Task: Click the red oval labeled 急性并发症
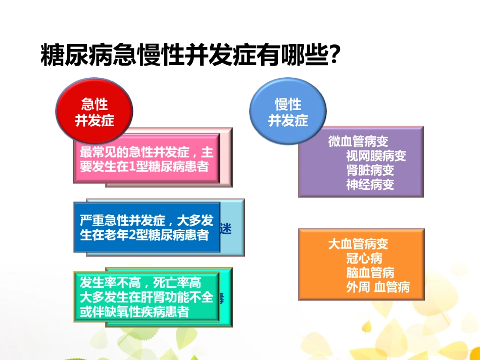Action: click(x=94, y=113)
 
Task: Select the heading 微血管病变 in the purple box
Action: click(x=358, y=142)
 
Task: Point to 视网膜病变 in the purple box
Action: click(x=376, y=156)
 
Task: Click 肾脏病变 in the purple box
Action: click(x=370, y=170)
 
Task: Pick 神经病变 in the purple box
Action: click(x=370, y=184)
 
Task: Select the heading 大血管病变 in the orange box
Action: click(x=358, y=244)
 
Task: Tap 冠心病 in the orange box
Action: click(x=364, y=259)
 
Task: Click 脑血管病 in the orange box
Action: click(x=370, y=273)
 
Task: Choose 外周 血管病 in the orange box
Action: click(x=377, y=287)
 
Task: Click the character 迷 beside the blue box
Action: click(x=226, y=229)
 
